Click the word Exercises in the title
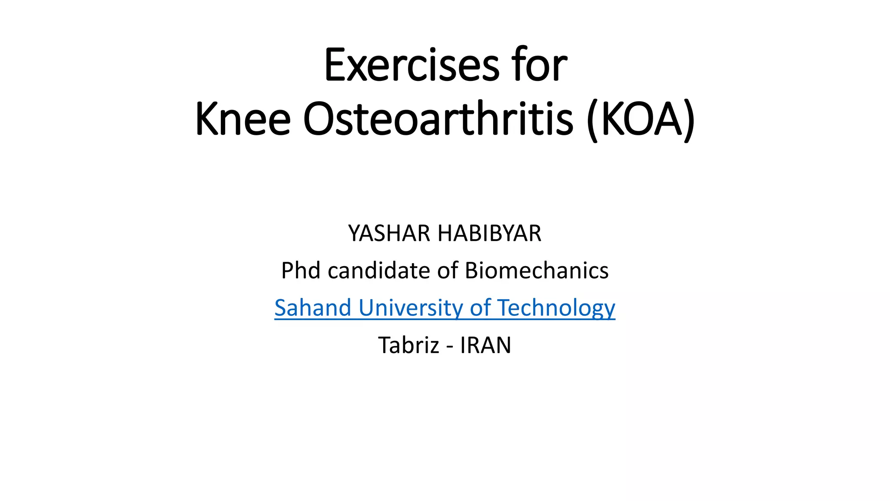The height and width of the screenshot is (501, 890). coord(412,65)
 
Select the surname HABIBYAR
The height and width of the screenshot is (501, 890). coord(489,234)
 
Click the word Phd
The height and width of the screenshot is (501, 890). coord(301,271)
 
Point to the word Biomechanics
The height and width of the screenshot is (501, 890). coord(537,271)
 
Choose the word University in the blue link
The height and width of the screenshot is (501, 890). coord(411,308)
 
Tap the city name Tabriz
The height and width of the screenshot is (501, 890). coord(409,345)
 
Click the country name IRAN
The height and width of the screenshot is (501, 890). coord(485,345)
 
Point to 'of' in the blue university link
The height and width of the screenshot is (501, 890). coord(480,308)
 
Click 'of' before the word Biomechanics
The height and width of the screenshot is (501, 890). coord(448,271)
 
